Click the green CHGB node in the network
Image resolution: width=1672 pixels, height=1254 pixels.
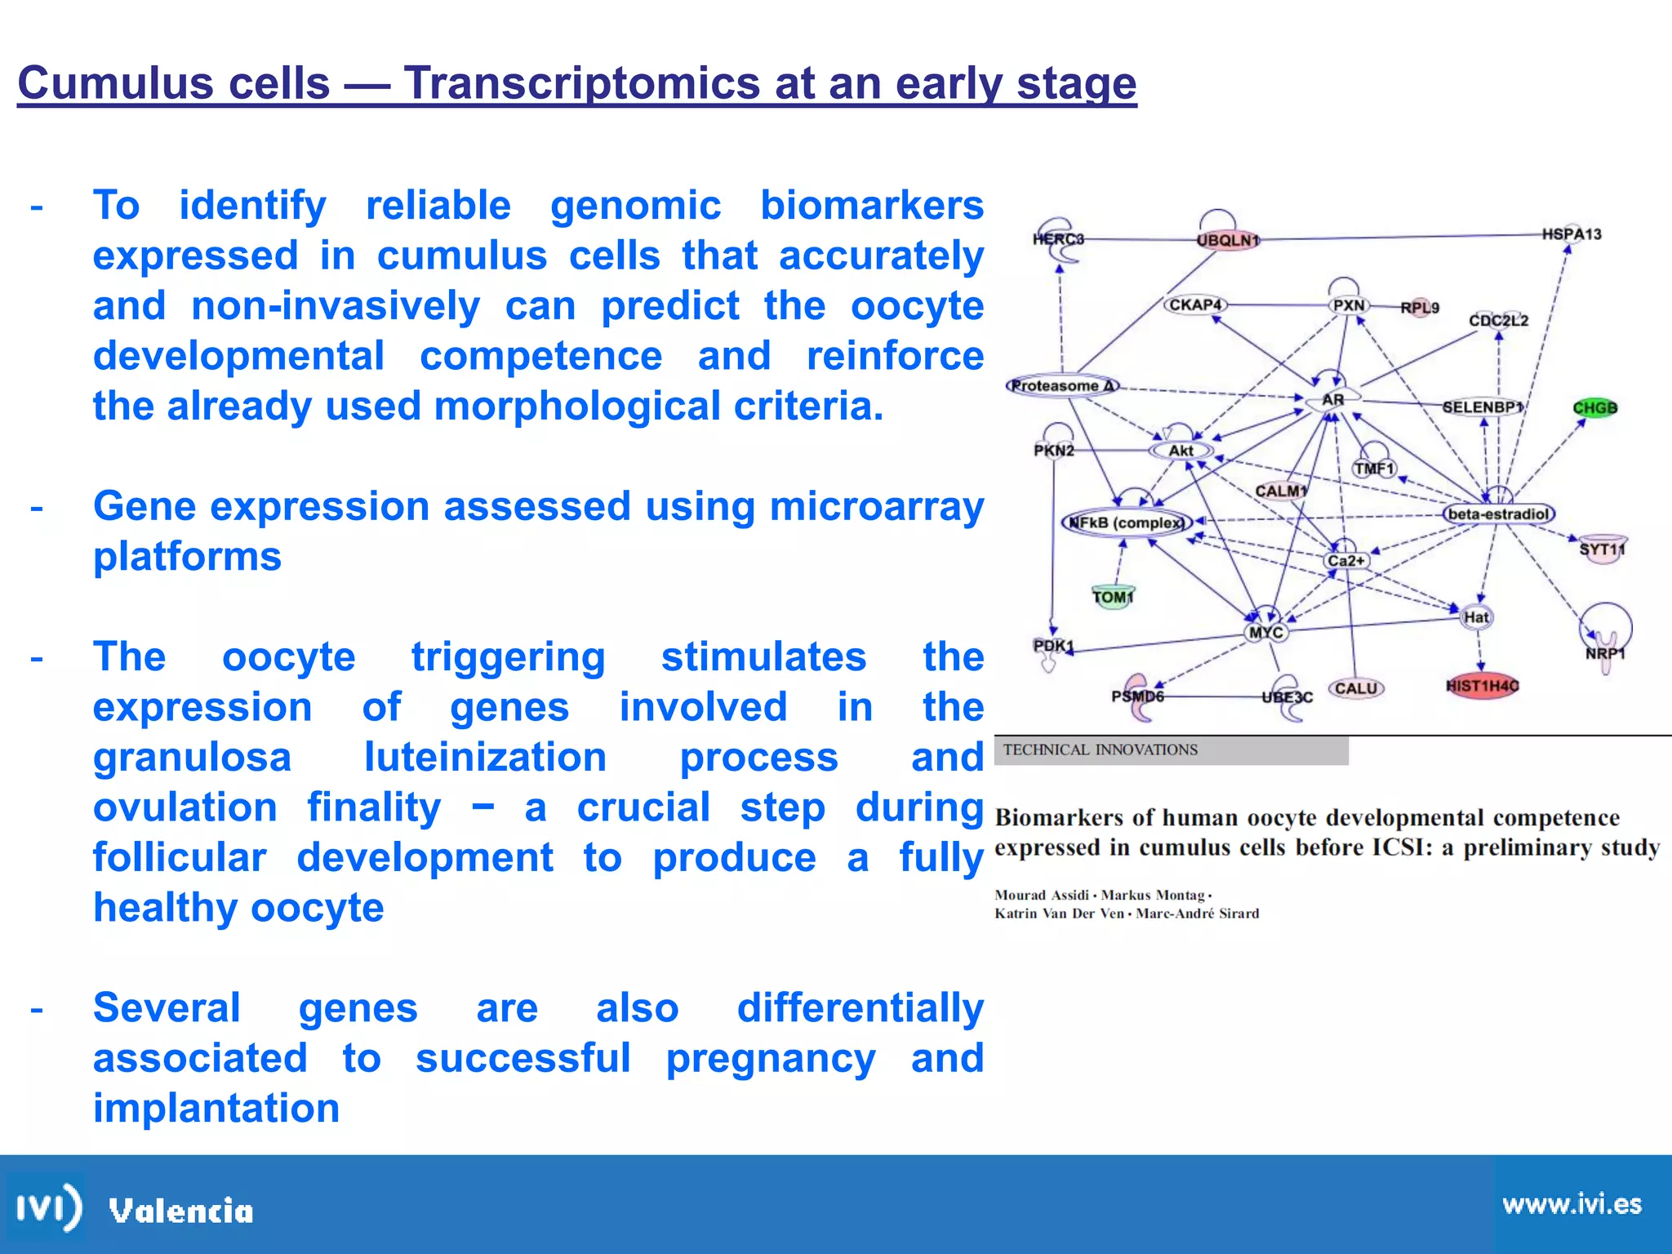1594,407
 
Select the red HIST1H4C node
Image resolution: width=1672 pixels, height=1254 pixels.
1482,686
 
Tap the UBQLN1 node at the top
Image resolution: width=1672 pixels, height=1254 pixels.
1228,240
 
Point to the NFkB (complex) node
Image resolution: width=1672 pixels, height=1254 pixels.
1126,522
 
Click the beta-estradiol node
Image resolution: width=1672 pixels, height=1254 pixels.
1498,514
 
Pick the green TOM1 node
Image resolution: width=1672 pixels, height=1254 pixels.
1113,597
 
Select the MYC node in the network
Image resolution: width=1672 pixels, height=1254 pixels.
1266,632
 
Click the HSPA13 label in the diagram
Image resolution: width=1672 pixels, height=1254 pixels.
1572,234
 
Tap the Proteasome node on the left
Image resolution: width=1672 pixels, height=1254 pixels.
1061,385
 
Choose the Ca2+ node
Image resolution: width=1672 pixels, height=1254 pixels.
1345,560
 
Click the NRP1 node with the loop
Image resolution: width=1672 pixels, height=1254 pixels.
1605,653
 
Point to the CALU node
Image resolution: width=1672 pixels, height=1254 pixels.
1356,688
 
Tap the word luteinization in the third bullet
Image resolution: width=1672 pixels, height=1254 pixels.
485,757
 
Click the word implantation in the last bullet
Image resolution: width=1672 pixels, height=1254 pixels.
216,1108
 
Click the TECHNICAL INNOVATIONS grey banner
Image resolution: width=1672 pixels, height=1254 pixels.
1171,749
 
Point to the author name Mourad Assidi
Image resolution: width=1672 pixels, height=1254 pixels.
1042,895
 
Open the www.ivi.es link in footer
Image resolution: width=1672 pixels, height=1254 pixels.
1571,1204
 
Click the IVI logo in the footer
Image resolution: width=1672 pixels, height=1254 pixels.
49,1207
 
